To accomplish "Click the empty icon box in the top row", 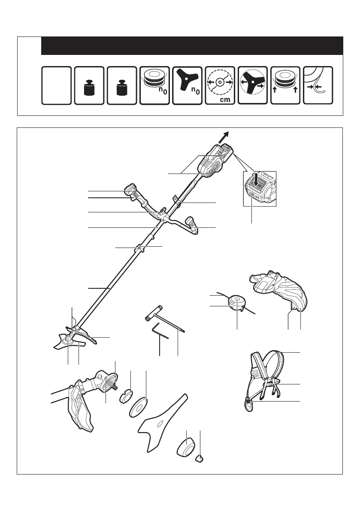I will tap(56, 85).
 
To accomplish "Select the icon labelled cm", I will tap(220, 85).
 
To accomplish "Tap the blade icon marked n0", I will tap(187, 85).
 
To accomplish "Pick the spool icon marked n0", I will tap(154, 85).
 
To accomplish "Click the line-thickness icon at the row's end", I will tap(318, 85).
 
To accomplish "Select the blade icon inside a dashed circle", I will tap(253, 85).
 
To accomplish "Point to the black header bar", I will tap(192, 46).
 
